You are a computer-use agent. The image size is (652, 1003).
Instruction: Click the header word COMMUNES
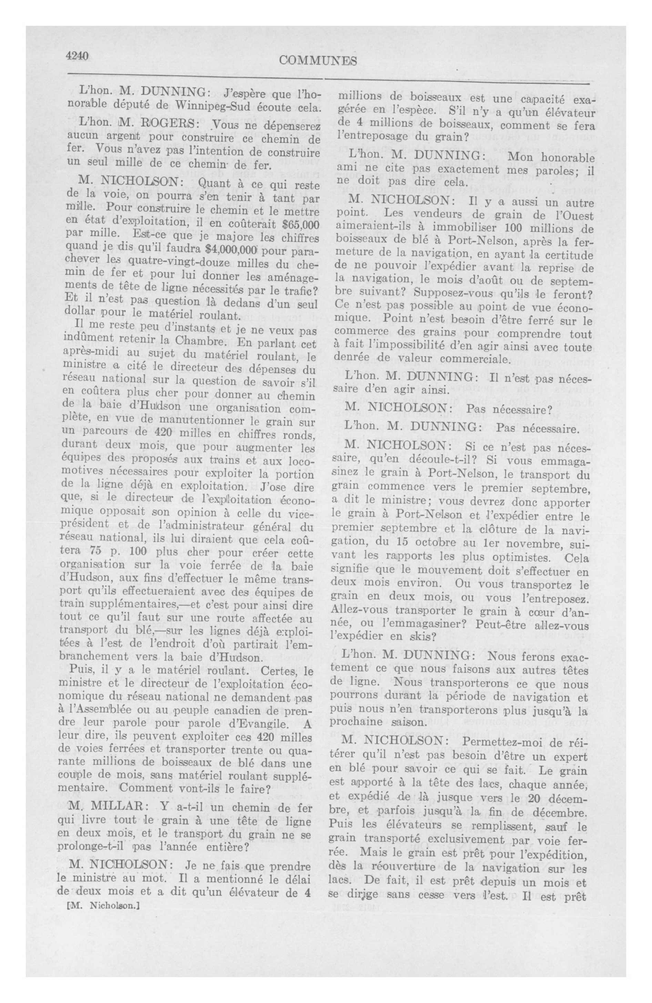(x=318, y=61)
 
